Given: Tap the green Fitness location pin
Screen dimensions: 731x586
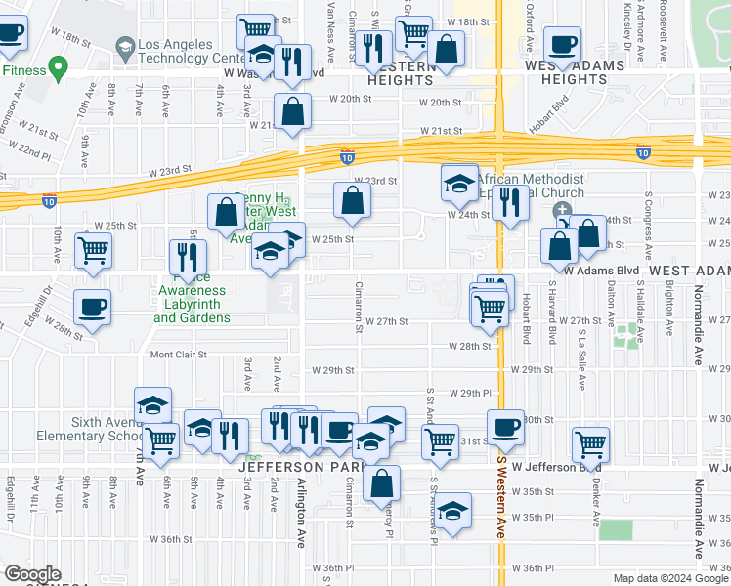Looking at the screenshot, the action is click(58, 69).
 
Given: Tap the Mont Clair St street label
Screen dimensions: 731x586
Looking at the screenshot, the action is click(179, 355).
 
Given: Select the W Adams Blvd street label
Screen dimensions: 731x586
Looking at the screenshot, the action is click(605, 269).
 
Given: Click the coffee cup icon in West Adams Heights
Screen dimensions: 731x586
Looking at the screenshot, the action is click(562, 44).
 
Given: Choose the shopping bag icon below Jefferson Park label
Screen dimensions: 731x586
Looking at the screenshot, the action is click(381, 482).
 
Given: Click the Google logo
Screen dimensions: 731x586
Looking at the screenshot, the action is click(32, 574).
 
